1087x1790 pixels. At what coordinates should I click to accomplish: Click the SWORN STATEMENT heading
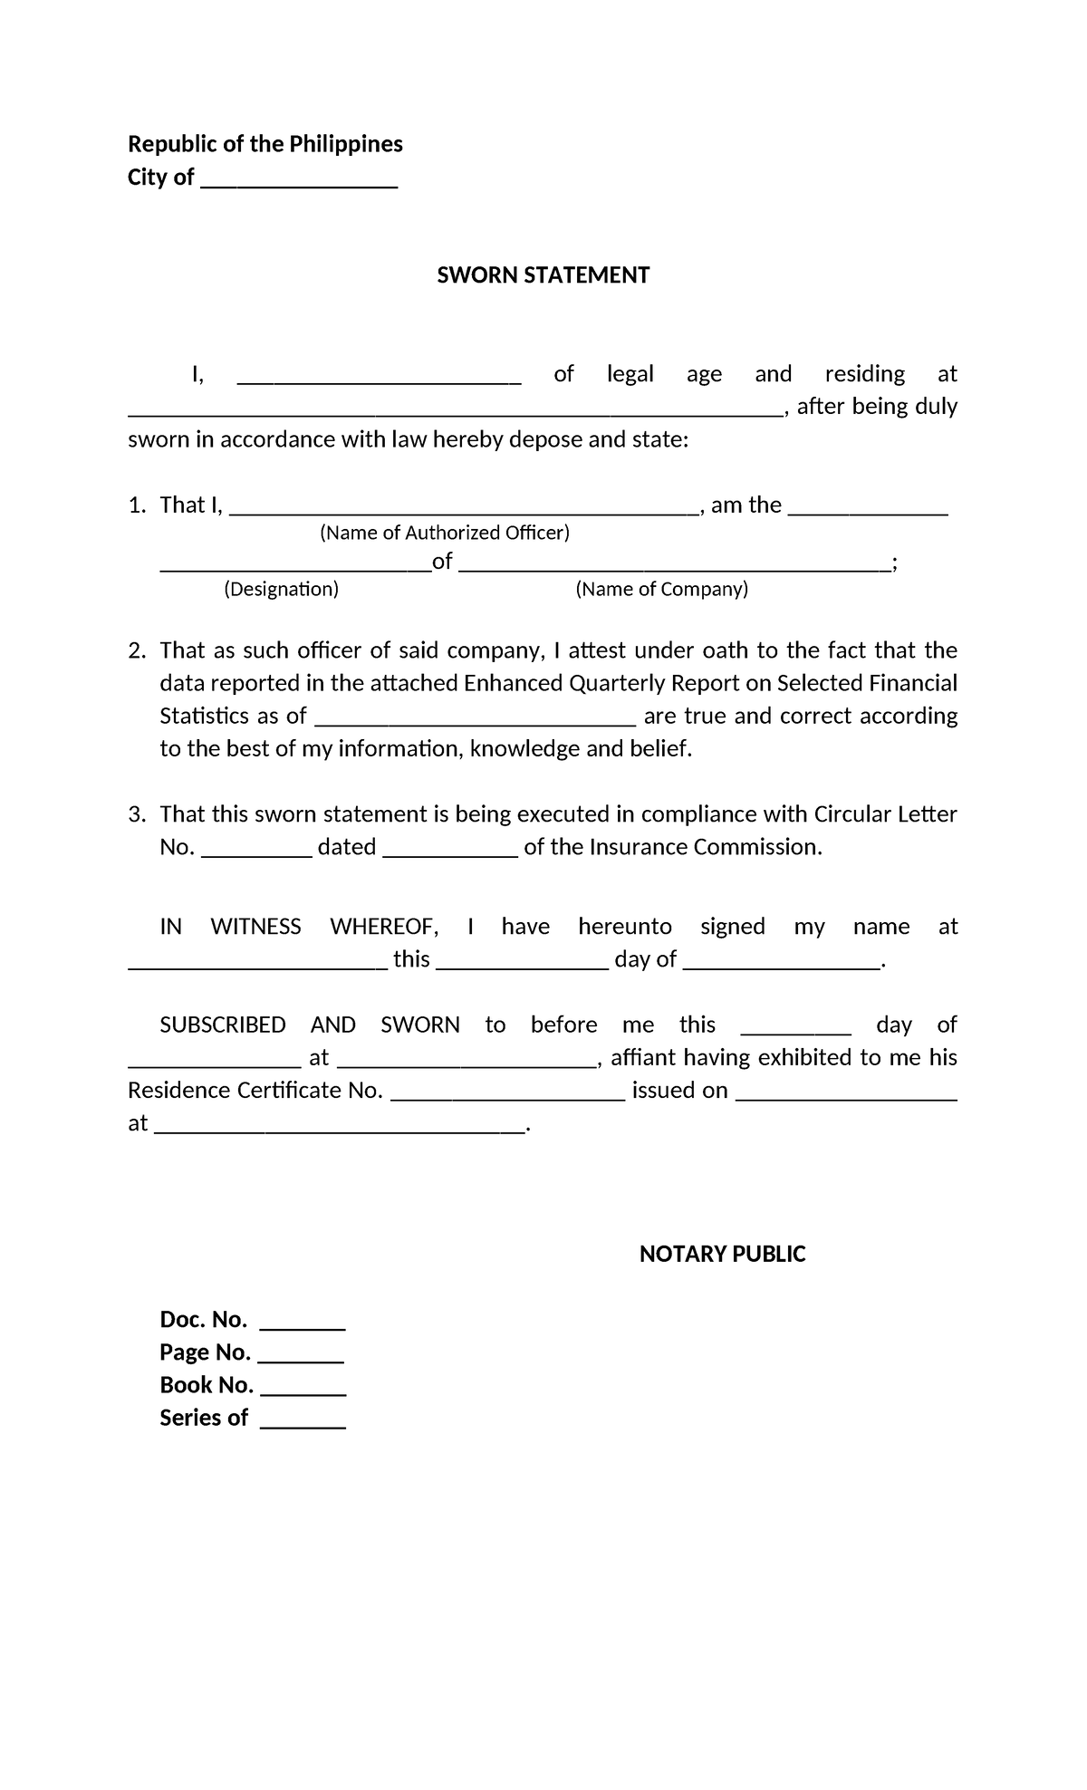point(543,275)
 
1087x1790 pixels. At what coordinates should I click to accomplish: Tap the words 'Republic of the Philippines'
point(265,144)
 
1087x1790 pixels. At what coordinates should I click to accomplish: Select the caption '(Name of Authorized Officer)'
point(445,533)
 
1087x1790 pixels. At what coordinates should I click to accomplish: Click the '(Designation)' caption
point(281,590)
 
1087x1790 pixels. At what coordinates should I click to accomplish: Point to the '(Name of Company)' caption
point(661,590)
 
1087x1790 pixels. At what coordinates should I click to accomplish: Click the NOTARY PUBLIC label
point(722,1254)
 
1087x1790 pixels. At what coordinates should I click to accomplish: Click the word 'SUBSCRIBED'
point(222,1025)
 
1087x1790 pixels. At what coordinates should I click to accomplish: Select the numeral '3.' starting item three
point(137,814)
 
